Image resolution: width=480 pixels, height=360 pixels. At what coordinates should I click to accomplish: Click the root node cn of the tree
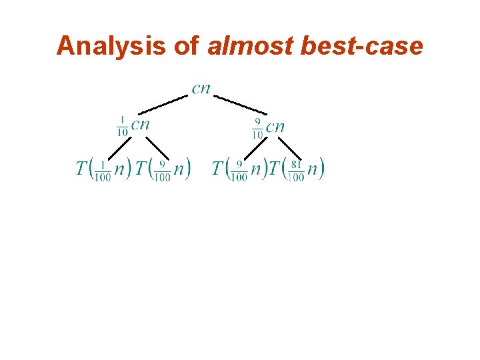click(x=201, y=89)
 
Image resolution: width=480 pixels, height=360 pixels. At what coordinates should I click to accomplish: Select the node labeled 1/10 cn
click(x=133, y=125)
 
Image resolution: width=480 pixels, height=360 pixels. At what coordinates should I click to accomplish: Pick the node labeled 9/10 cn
click(x=268, y=126)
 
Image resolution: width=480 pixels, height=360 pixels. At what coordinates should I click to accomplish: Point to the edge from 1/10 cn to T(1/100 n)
click(x=118, y=148)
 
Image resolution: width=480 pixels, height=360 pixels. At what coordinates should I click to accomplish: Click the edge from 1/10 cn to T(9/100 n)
click(x=157, y=149)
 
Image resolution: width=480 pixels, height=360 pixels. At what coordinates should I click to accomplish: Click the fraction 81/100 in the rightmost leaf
click(x=296, y=170)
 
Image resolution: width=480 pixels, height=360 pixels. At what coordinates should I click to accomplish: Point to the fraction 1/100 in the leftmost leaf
click(x=103, y=170)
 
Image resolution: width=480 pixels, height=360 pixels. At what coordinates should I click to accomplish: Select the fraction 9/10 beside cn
click(x=257, y=128)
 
